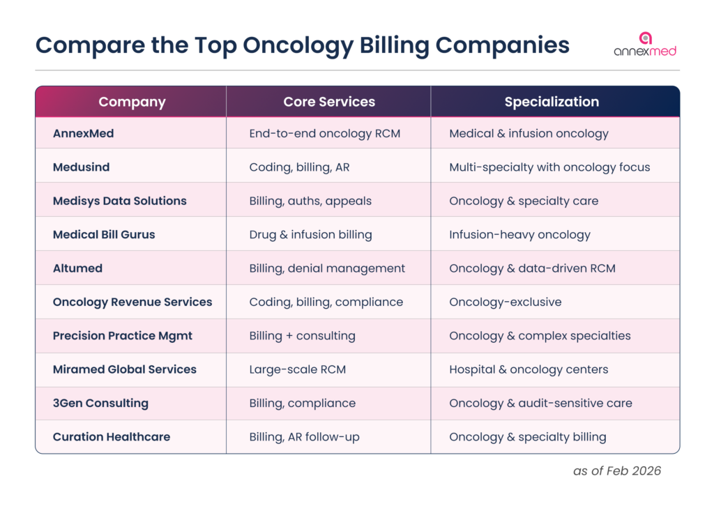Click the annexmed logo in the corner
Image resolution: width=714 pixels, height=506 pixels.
[645, 44]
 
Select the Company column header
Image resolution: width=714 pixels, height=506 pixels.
[132, 102]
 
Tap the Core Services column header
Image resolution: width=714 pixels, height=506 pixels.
[329, 102]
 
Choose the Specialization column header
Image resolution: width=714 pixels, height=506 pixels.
[552, 102]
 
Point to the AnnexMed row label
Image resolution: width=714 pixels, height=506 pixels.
[83, 133]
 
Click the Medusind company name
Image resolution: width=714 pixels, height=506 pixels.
[81, 167]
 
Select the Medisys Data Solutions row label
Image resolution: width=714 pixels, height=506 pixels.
[120, 201]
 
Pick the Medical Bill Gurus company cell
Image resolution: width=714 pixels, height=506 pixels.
[104, 235]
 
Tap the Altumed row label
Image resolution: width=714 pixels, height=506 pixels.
[77, 268]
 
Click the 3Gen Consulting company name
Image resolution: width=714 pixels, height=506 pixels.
[100, 403]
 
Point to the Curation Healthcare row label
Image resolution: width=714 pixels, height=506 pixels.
[112, 437]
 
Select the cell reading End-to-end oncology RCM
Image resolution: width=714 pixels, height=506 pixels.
[325, 133]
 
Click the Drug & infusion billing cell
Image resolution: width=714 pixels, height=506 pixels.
[310, 235]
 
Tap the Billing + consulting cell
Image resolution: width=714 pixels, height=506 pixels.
[302, 336]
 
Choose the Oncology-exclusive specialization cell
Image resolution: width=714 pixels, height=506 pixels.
[506, 302]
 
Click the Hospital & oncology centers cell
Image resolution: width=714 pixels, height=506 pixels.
[529, 369]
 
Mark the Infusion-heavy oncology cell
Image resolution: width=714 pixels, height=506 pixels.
[519, 235]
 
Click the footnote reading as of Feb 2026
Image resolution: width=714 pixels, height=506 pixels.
[617, 471]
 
